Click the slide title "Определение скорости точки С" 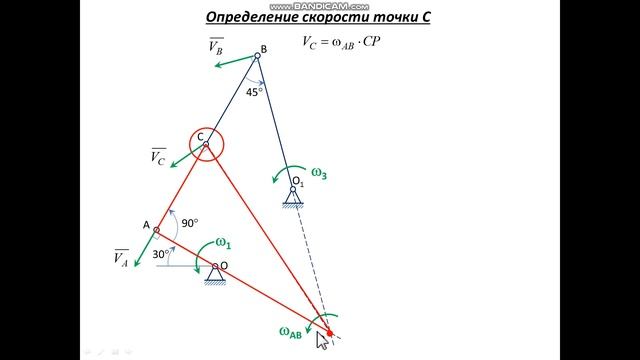tap(319, 17)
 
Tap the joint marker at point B tap(257, 56)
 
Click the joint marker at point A tap(156, 229)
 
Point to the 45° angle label tap(255, 91)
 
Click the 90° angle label tap(189, 222)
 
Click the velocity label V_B tap(216, 45)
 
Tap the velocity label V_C tap(158, 156)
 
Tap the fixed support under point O tap(215, 275)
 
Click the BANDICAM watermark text tap(318, 5)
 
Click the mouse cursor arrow tap(322, 340)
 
